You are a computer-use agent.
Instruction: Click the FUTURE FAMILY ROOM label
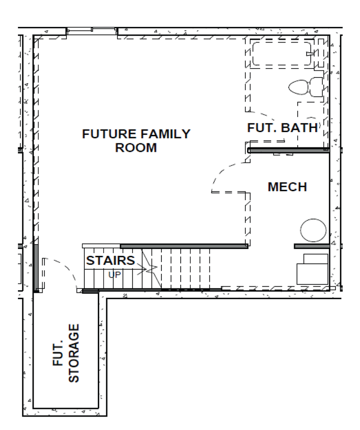click(x=136, y=141)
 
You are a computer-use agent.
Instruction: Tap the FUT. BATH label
click(x=282, y=128)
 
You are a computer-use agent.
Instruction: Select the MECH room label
click(x=287, y=187)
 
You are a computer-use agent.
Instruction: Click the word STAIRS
click(x=110, y=261)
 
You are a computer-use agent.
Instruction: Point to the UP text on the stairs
click(x=115, y=275)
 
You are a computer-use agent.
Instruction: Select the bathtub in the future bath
click(x=282, y=54)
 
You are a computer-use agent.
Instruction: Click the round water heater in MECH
click(x=313, y=230)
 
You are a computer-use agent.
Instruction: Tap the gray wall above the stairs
click(x=184, y=246)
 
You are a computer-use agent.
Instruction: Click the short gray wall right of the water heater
click(x=312, y=246)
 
